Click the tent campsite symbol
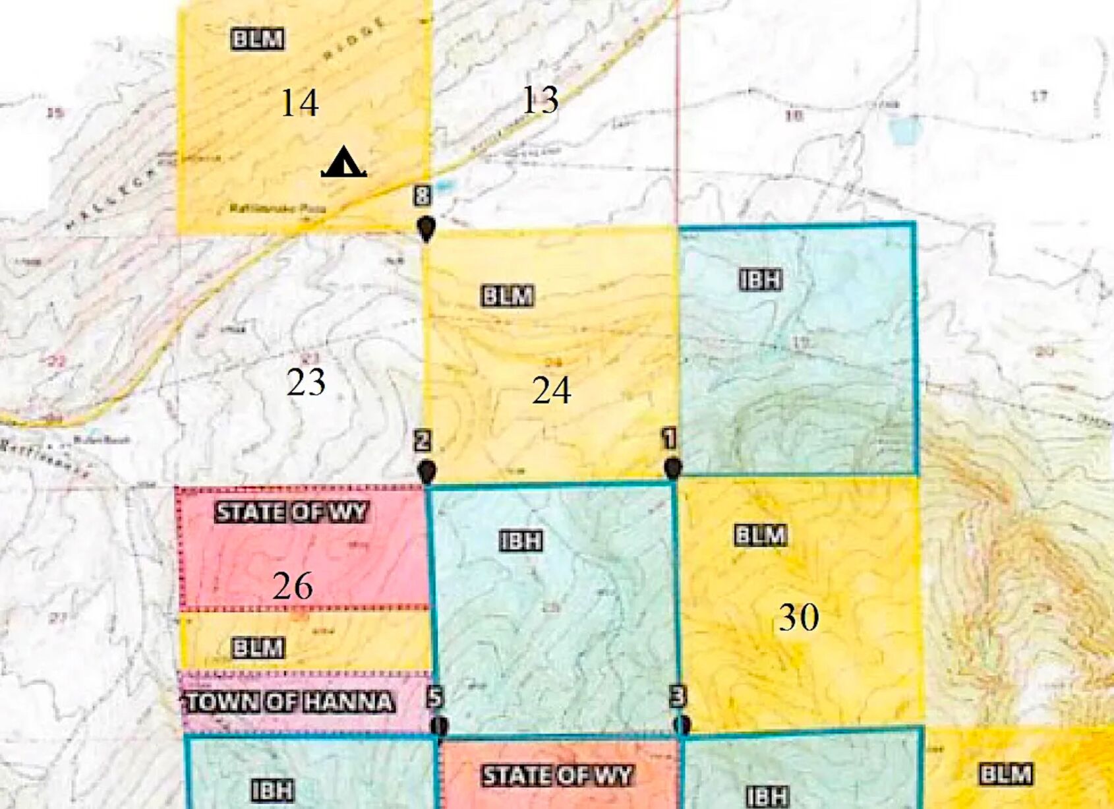point(343,162)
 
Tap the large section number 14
point(299,103)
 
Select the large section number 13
point(540,100)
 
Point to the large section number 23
point(306,382)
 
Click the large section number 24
point(551,390)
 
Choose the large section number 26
point(293,585)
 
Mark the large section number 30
point(799,617)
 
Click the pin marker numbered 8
point(426,228)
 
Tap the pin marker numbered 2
point(427,471)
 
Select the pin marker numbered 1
point(672,468)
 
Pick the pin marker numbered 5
point(439,725)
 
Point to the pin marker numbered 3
point(683,724)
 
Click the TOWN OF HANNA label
point(289,702)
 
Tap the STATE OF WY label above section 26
point(291,512)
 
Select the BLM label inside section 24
point(507,296)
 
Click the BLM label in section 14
point(258,39)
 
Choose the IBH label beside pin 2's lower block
point(521,541)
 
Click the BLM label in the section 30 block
point(761,535)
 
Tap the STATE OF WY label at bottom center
point(557,775)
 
